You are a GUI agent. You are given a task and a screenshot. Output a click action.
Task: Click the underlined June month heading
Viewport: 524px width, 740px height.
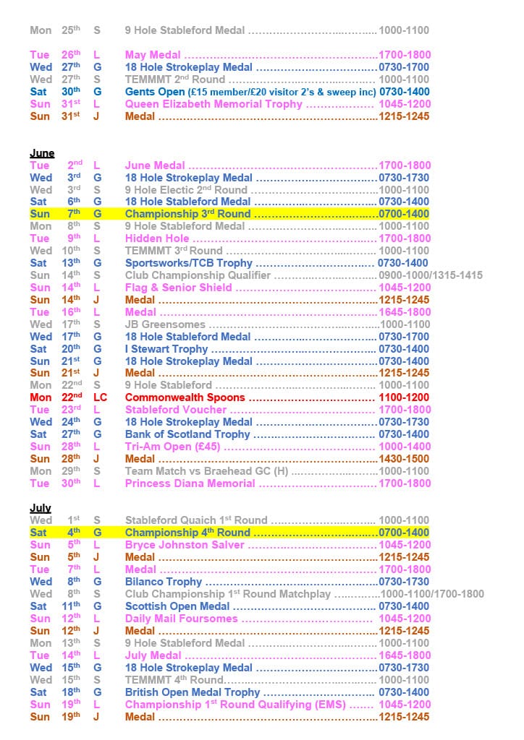point(41,153)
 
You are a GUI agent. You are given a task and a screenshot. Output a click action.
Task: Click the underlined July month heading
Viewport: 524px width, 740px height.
point(40,508)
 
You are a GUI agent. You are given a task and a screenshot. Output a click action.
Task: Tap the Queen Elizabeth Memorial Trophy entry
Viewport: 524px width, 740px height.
point(214,104)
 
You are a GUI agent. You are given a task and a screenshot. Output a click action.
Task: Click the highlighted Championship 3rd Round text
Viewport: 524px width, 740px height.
point(187,214)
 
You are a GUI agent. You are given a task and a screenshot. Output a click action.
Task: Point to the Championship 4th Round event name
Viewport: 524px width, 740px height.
point(187,533)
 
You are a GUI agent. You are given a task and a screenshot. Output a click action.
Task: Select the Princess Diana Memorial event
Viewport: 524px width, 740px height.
point(190,483)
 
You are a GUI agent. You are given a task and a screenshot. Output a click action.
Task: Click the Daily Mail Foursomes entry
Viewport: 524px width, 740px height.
point(181,619)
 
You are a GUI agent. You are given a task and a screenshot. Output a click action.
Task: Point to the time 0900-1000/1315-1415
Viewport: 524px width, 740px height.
point(430,275)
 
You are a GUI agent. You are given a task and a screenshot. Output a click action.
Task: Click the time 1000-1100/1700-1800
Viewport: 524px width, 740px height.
point(432,594)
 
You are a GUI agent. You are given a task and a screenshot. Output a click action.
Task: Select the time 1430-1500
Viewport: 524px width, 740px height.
point(404,459)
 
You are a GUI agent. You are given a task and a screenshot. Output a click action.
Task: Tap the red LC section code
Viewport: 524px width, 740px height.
point(100,397)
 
